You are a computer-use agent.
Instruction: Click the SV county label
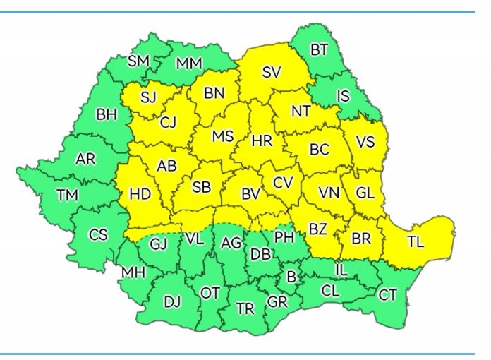click(271, 71)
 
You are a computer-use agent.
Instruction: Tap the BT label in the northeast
click(319, 49)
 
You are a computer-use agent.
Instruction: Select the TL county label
click(416, 241)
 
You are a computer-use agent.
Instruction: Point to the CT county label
click(387, 295)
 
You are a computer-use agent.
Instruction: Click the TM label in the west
click(68, 196)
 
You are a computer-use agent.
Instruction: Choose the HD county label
click(140, 193)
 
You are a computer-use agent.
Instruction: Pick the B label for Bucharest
click(289, 276)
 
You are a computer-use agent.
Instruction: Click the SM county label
click(138, 61)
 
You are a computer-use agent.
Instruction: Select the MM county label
click(188, 64)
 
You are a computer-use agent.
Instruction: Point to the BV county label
click(250, 193)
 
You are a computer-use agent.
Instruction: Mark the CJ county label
click(168, 123)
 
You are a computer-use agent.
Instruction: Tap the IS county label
click(343, 96)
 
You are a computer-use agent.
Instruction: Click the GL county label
click(365, 192)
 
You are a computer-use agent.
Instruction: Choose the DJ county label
click(172, 302)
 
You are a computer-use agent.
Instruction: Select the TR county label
click(245, 308)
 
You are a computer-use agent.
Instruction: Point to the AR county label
click(85, 160)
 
